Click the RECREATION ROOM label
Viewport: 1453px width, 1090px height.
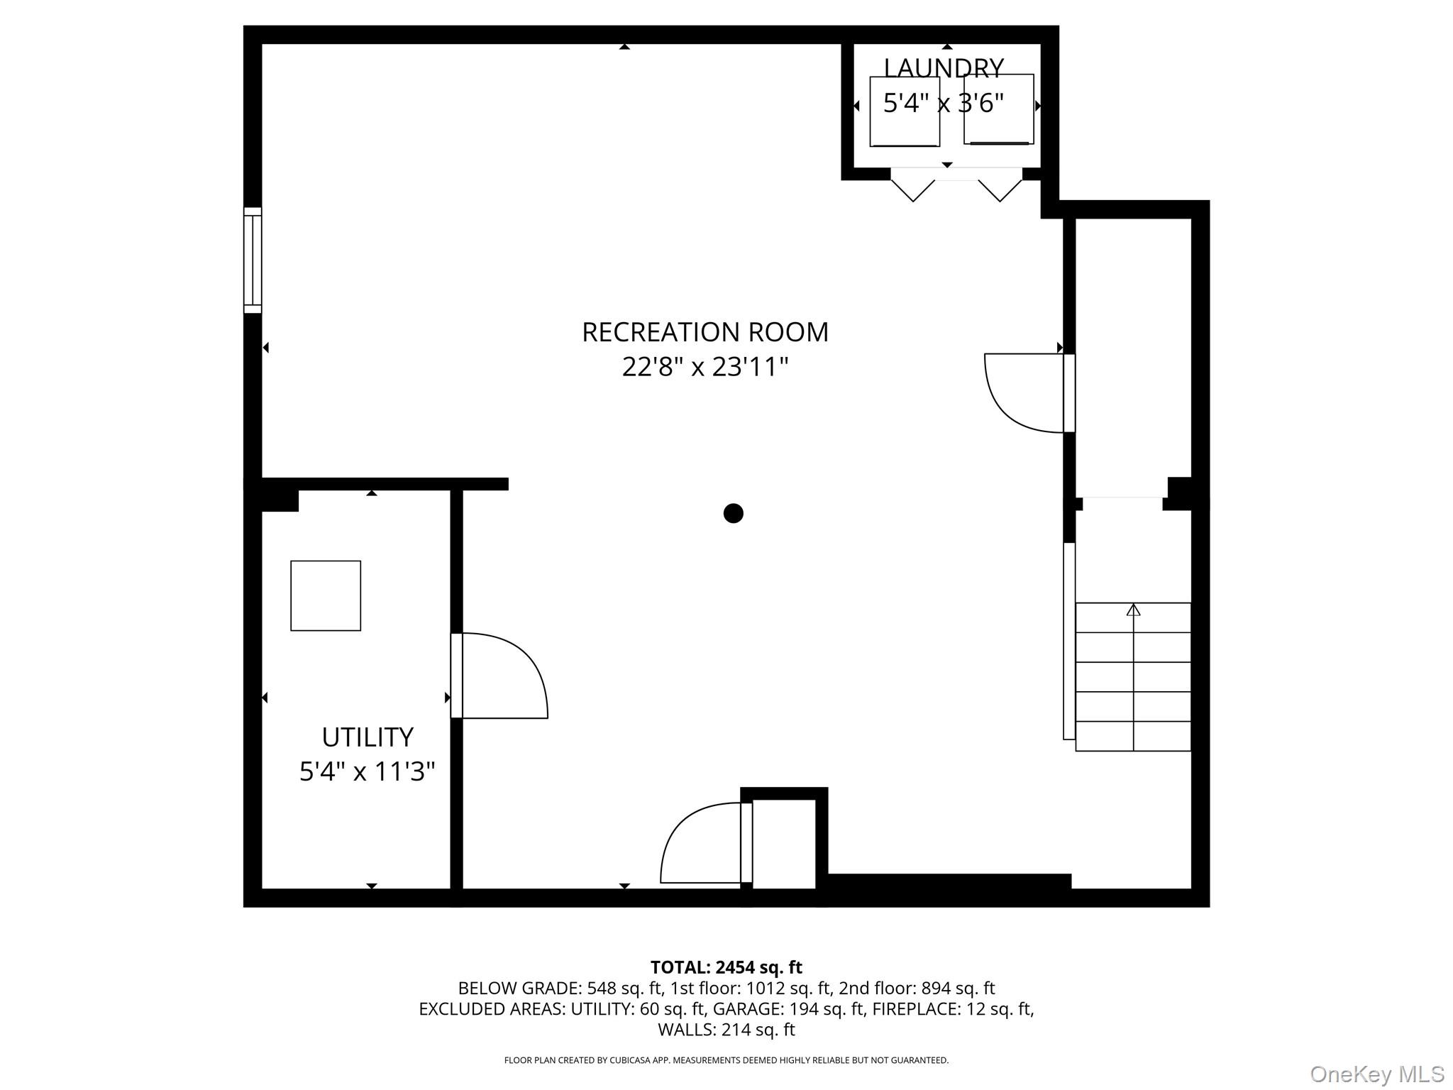pos(705,332)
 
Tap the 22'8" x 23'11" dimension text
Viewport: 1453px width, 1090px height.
pos(705,368)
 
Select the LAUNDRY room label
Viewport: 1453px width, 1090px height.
pos(943,68)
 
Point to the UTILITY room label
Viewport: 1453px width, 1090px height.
pos(367,737)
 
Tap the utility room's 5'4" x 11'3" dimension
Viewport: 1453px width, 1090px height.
pos(367,771)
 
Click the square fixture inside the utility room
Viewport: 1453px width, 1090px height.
pos(326,595)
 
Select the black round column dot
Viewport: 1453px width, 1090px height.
pos(733,513)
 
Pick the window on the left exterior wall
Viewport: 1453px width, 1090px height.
pos(253,260)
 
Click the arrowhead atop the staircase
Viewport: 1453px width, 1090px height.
pos(1133,610)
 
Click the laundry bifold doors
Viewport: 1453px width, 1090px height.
pos(956,183)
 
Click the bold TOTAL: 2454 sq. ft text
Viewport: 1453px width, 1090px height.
pos(726,967)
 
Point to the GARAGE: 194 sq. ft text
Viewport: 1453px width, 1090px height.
pos(788,1008)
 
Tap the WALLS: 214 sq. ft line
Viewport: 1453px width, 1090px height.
pos(726,1029)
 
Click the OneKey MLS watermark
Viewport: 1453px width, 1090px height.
pos(1376,1074)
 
